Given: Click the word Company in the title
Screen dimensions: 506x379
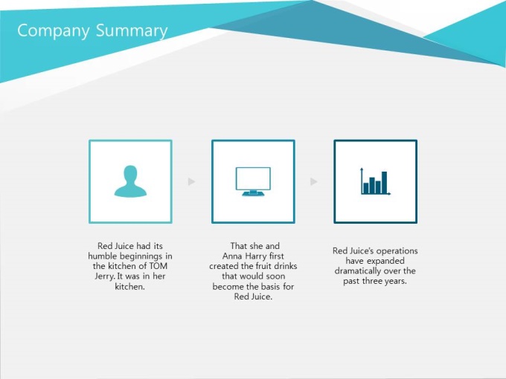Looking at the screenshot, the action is click(54, 31).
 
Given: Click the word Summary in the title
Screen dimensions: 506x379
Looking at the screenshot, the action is click(132, 31).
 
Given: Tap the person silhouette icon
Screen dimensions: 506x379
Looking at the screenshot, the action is click(130, 181).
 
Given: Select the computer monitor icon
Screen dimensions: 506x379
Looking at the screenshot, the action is click(253, 181).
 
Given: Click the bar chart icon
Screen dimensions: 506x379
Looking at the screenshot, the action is click(375, 181).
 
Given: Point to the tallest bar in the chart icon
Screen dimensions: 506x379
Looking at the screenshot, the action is click(385, 182).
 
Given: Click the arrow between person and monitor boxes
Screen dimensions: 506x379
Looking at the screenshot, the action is click(192, 181).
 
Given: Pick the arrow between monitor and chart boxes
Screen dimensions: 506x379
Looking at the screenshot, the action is click(314, 181).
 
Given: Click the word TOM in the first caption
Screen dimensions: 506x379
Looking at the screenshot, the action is click(158, 266).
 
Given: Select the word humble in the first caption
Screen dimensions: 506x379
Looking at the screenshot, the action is click(102, 256).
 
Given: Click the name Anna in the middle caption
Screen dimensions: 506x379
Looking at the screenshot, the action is click(231, 256).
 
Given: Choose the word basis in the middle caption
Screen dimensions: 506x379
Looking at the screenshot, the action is click(270, 287).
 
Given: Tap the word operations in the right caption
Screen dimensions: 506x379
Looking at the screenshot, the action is click(397, 251).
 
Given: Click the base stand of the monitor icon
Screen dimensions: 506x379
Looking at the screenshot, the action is click(253, 193).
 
